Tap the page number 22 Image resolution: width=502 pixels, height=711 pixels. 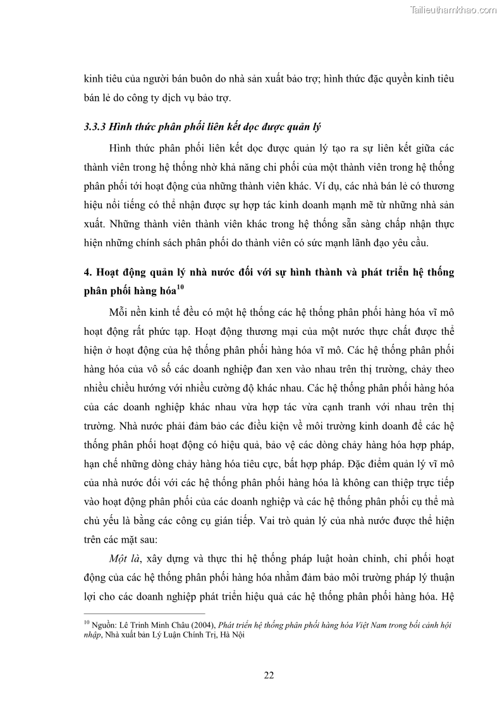pos(269,674)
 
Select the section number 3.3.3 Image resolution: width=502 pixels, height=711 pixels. pos(96,127)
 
